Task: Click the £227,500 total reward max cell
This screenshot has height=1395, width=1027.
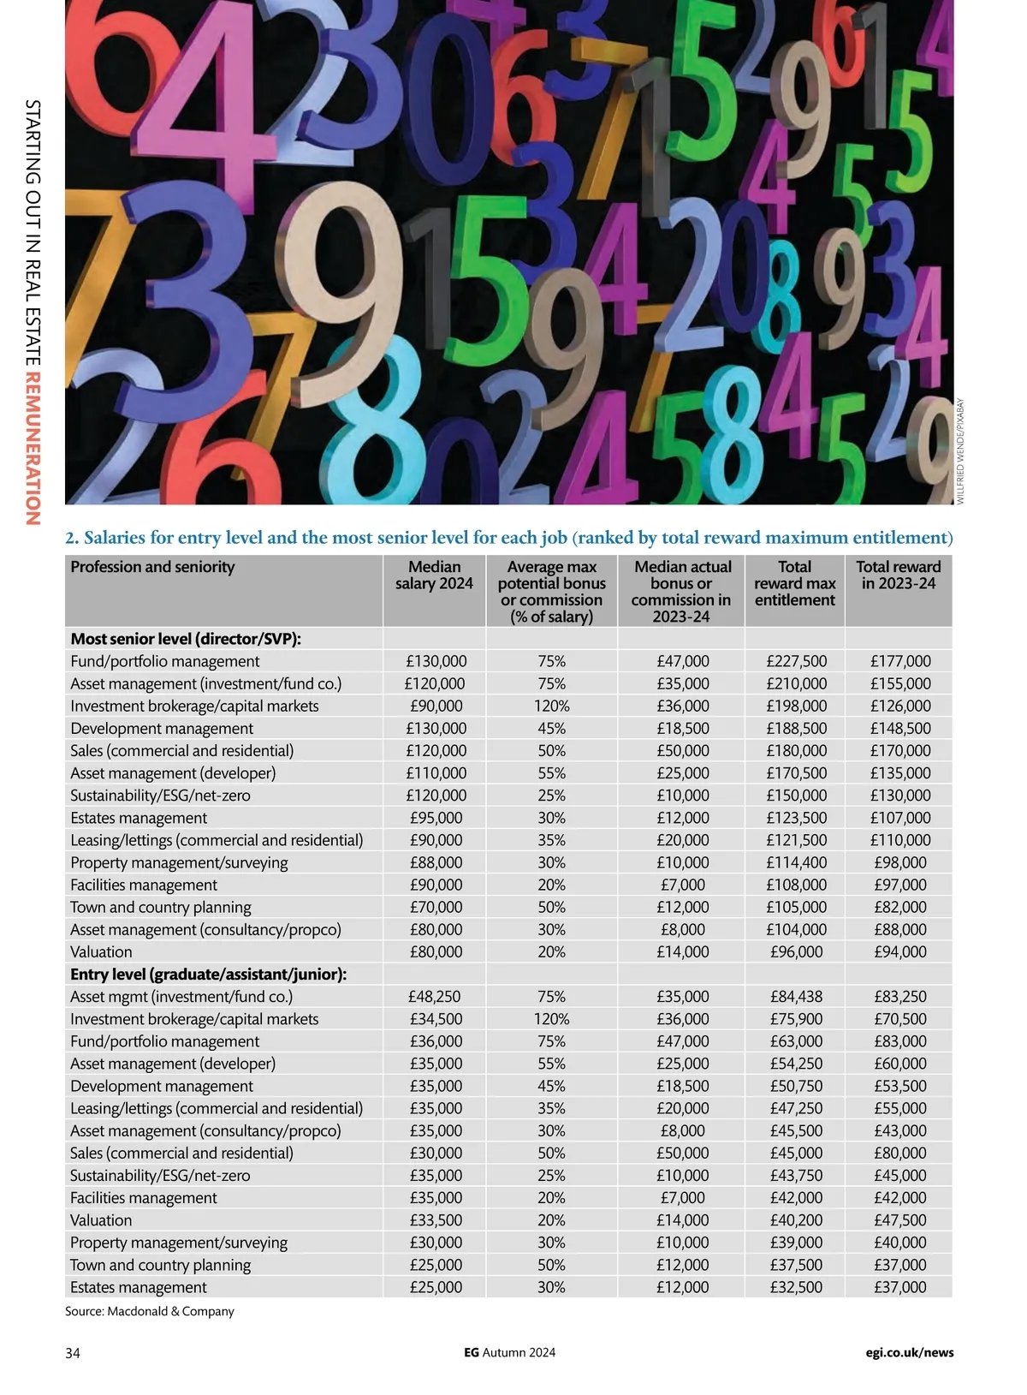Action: pos(796,661)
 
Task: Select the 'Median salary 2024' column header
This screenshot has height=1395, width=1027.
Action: pos(434,575)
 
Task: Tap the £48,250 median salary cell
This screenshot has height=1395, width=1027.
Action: pos(436,996)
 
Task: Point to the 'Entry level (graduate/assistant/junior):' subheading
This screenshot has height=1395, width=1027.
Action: pos(208,974)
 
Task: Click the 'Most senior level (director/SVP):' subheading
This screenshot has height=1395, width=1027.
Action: pos(186,639)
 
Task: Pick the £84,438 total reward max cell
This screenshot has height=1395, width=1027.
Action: pos(796,996)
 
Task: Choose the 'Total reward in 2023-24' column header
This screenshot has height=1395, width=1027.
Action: pos(898,575)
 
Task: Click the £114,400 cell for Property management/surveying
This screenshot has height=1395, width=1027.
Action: pos(796,862)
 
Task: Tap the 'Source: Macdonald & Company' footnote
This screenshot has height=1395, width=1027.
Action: pos(150,1311)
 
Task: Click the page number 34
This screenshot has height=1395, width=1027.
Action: pos(73,1353)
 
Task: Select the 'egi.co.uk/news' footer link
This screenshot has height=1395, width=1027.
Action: pos(909,1353)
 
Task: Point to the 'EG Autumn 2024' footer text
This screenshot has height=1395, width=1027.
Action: pos(509,1353)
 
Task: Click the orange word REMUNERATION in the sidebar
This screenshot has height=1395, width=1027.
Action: pos(33,447)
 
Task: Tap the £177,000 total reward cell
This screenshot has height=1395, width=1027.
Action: pos(900,661)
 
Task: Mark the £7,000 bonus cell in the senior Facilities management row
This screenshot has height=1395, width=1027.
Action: pos(683,885)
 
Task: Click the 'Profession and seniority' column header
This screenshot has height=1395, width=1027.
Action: pos(152,567)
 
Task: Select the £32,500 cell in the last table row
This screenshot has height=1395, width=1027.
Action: pos(796,1287)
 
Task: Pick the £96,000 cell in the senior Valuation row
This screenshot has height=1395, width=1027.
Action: pos(796,951)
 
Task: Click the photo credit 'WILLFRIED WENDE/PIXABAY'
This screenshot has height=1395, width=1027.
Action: pos(960,450)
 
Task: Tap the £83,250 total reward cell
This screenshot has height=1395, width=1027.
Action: pos(900,996)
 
